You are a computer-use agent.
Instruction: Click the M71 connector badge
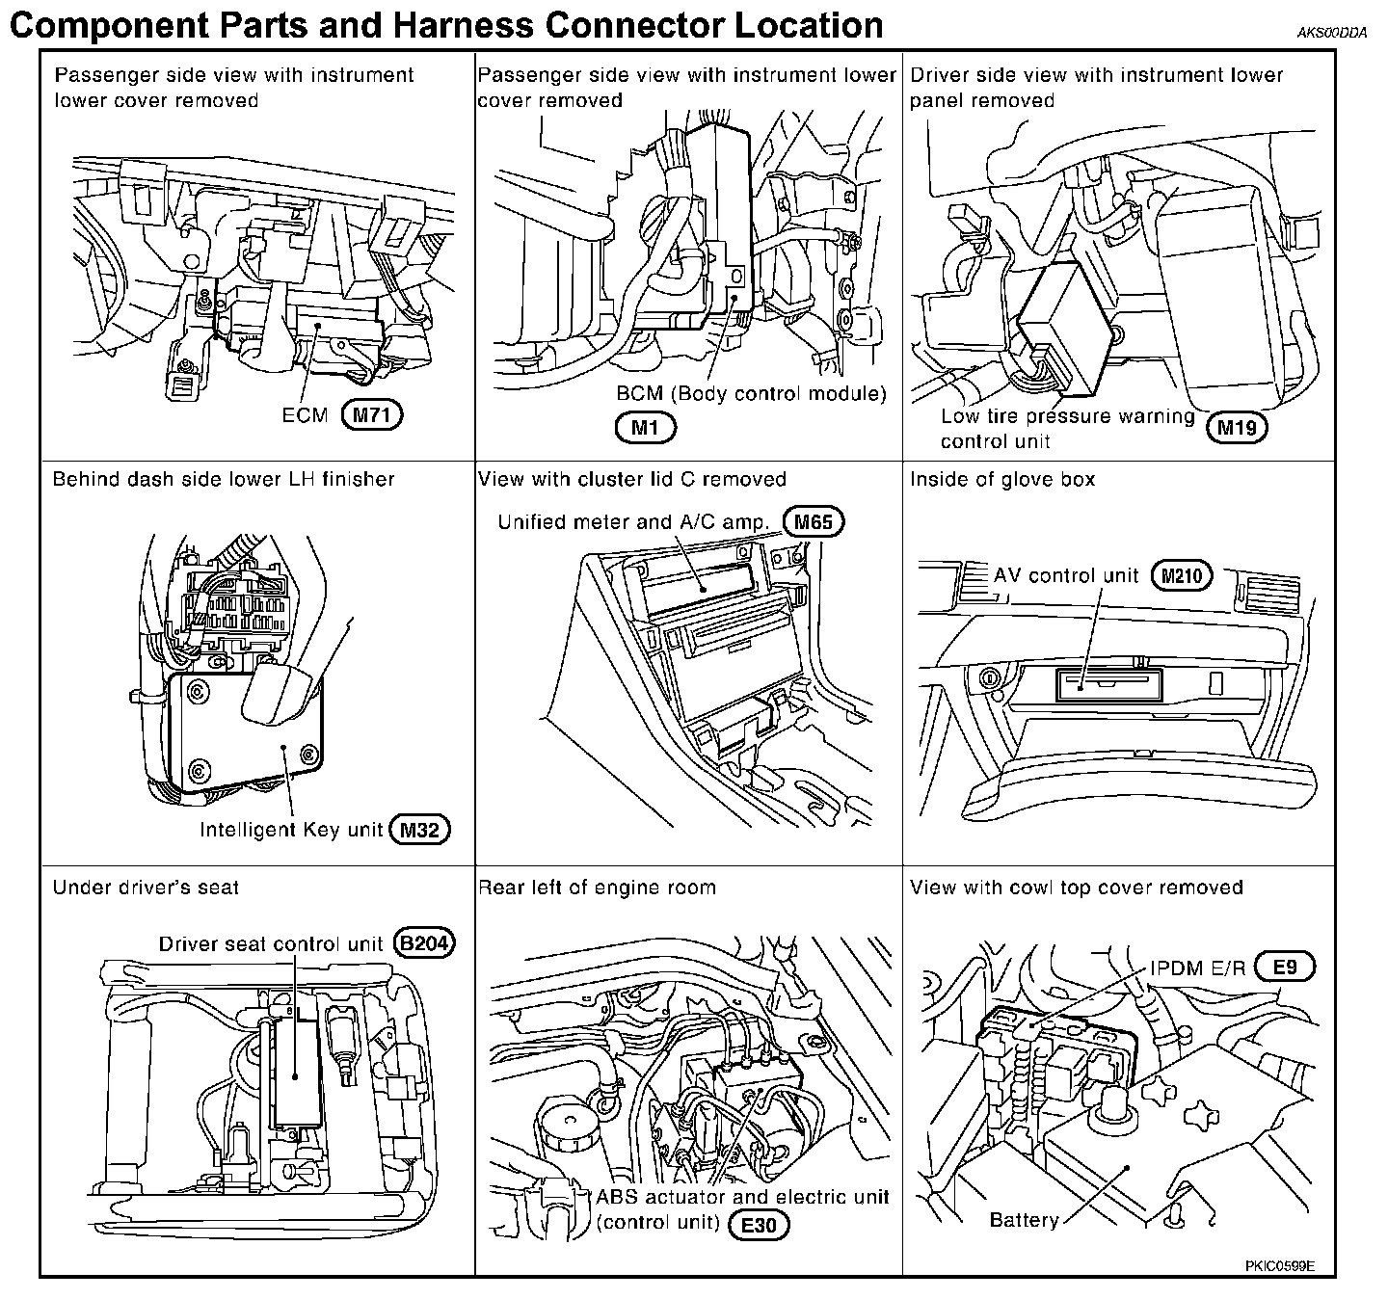pyautogui.click(x=372, y=415)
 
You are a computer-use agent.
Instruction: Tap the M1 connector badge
pyautogui.click(x=645, y=428)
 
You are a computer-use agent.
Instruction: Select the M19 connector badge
pyautogui.click(x=1237, y=428)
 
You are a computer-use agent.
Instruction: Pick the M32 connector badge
pyautogui.click(x=419, y=830)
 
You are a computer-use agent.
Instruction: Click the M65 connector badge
pyautogui.click(x=814, y=522)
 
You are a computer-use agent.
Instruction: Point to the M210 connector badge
pyautogui.click(x=1182, y=575)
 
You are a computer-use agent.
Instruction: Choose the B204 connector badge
pyautogui.click(x=425, y=943)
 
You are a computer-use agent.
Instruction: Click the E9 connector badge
pyautogui.click(x=1285, y=968)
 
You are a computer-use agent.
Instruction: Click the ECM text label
pyautogui.click(x=305, y=415)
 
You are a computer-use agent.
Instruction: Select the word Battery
pyautogui.click(x=1024, y=1220)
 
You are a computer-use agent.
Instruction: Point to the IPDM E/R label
pyautogui.click(x=1198, y=968)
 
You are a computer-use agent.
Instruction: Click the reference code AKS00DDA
pyautogui.click(x=1332, y=33)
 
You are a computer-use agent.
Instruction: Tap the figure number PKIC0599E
pyautogui.click(x=1280, y=1265)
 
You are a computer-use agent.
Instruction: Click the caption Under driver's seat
pyautogui.click(x=147, y=888)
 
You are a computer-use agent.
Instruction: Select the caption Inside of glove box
pyautogui.click(x=1002, y=479)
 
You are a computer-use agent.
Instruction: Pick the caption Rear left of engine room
pyautogui.click(x=597, y=888)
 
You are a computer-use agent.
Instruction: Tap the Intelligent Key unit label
pyautogui.click(x=291, y=830)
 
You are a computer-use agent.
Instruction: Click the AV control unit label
pyautogui.click(x=1066, y=575)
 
